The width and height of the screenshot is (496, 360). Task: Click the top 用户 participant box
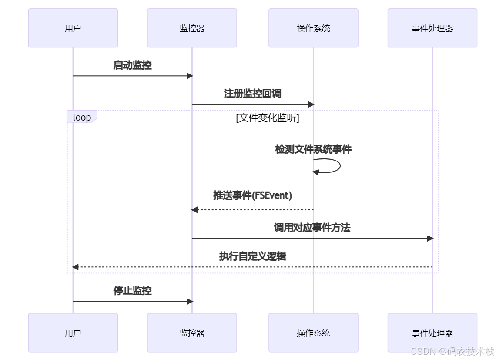pyautogui.click(x=73, y=28)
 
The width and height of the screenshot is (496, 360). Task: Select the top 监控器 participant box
pyautogui.click(x=192, y=28)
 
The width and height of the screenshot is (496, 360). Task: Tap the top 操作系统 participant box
pyautogui.click(x=313, y=28)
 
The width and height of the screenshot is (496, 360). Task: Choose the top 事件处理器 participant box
pyautogui.click(x=432, y=28)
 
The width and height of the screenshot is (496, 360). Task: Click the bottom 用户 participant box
pyautogui.click(x=73, y=333)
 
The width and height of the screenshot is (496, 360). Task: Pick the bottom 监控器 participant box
pyautogui.click(x=192, y=333)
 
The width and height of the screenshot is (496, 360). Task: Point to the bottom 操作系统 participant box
pyautogui.click(x=313, y=333)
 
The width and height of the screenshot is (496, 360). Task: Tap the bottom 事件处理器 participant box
pyautogui.click(x=432, y=333)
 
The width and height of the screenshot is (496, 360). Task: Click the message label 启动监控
pyautogui.click(x=132, y=66)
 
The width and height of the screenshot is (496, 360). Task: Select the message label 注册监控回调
pyautogui.click(x=252, y=94)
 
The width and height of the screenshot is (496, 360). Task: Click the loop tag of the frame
pyautogui.click(x=82, y=117)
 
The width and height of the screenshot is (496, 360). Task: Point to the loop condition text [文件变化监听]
pyautogui.click(x=268, y=118)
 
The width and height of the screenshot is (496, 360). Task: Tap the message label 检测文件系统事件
pyautogui.click(x=313, y=150)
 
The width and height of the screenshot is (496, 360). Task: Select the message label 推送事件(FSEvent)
pyautogui.click(x=252, y=195)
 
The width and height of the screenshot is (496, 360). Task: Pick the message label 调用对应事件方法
pyautogui.click(x=312, y=228)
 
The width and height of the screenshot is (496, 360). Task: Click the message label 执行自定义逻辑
pyautogui.click(x=252, y=256)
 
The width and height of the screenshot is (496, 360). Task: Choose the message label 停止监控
pyautogui.click(x=132, y=291)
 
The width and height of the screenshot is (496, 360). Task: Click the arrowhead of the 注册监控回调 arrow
pyautogui.click(x=311, y=104)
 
